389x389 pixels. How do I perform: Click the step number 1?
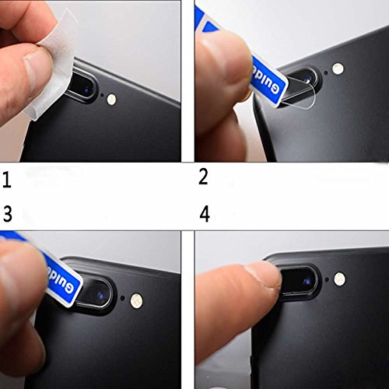[7, 180]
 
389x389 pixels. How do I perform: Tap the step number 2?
[203, 177]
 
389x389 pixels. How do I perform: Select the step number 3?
[8, 214]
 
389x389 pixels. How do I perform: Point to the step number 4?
[205, 214]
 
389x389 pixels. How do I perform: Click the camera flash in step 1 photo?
[111, 99]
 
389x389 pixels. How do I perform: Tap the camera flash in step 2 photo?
[338, 68]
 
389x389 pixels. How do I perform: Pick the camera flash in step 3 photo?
[136, 300]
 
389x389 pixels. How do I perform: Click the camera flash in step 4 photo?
[339, 279]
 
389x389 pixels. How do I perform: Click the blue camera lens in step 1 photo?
[86, 89]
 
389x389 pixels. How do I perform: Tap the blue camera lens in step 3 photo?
[100, 295]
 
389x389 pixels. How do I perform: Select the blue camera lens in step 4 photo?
[307, 282]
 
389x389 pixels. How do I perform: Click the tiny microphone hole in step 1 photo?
[102, 95]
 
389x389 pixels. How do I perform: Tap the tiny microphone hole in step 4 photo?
[327, 279]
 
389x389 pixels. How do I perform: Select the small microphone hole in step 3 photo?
[122, 298]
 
